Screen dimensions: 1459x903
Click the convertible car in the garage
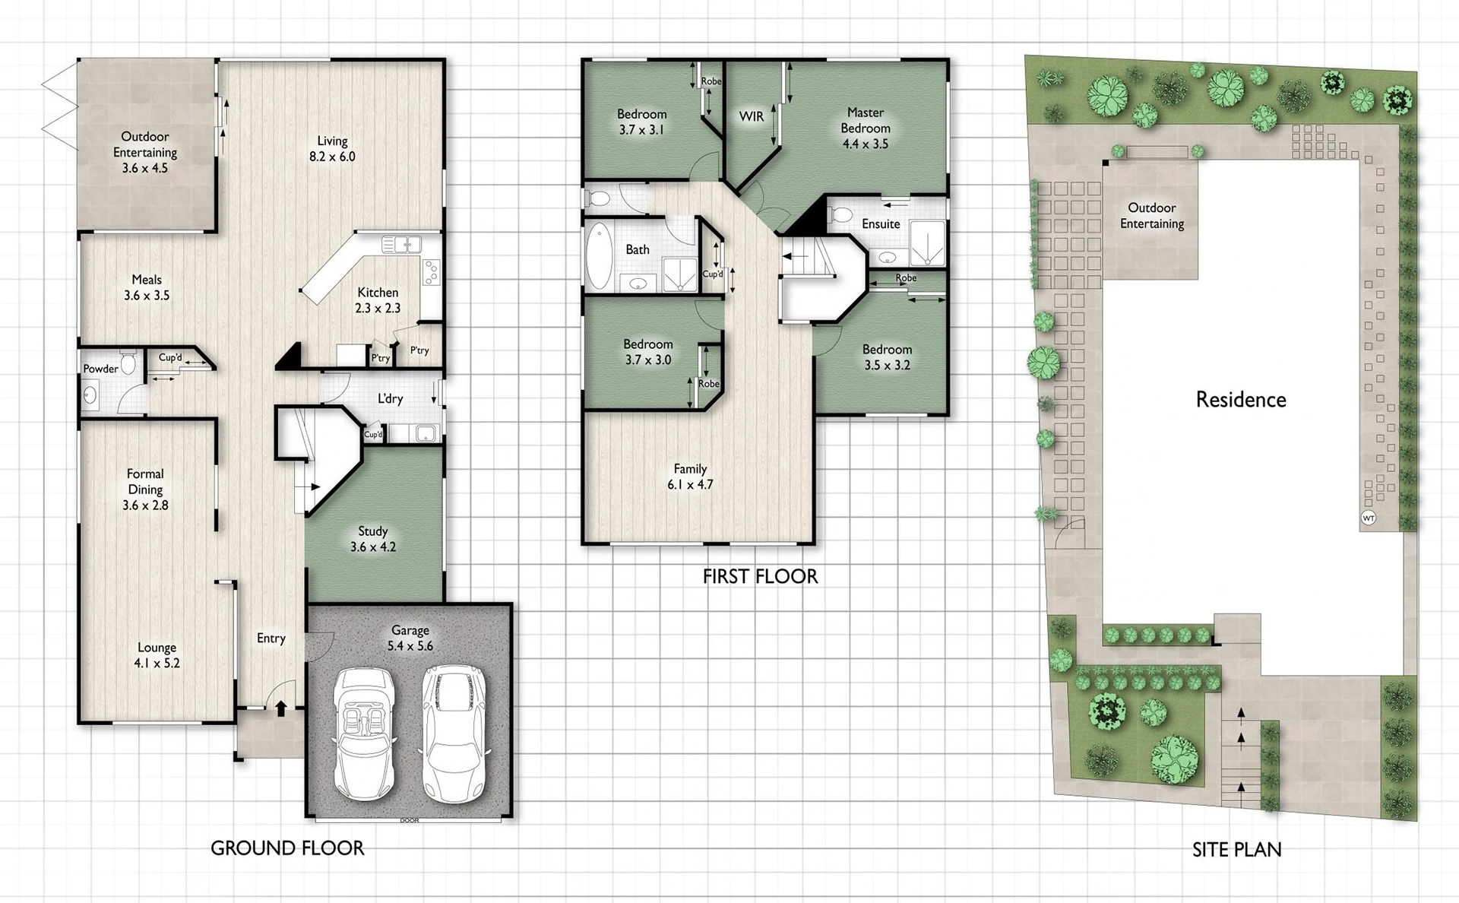pyautogui.click(x=365, y=733)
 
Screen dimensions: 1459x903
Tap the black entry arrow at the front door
pyautogui.click(x=280, y=708)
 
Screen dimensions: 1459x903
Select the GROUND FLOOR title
pyautogui.click(x=287, y=848)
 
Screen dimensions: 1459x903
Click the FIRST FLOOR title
pyautogui.click(x=760, y=577)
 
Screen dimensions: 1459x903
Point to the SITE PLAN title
pyautogui.click(x=1236, y=850)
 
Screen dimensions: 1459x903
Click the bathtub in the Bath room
pyautogui.click(x=599, y=255)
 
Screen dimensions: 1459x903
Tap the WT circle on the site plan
pyautogui.click(x=1369, y=518)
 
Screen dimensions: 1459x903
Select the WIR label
pyautogui.click(x=752, y=116)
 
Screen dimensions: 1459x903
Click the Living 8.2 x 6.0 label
pyautogui.click(x=332, y=149)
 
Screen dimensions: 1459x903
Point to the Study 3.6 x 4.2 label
pyautogui.click(x=372, y=539)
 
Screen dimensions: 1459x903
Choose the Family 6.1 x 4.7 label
pyautogui.click(x=690, y=477)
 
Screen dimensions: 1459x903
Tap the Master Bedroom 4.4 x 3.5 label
pyautogui.click(x=865, y=128)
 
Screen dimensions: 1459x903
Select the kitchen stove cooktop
pyautogui.click(x=432, y=272)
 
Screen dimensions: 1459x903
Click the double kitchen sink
pyautogui.click(x=401, y=245)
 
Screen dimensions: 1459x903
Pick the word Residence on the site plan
pyautogui.click(x=1241, y=400)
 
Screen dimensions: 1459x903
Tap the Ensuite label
pyautogui.click(x=881, y=224)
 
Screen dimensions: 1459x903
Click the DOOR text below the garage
pyautogui.click(x=409, y=821)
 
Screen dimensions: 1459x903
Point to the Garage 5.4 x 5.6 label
pyautogui.click(x=410, y=638)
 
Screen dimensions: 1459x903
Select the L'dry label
pyautogui.click(x=390, y=398)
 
